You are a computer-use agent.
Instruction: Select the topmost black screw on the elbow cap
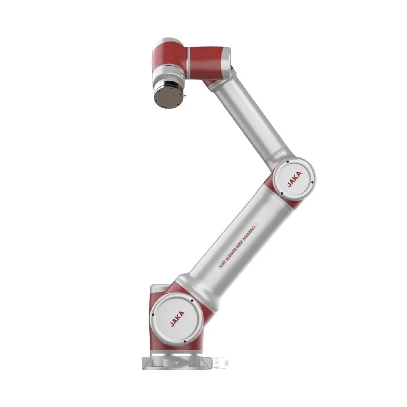(x=287, y=162)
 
